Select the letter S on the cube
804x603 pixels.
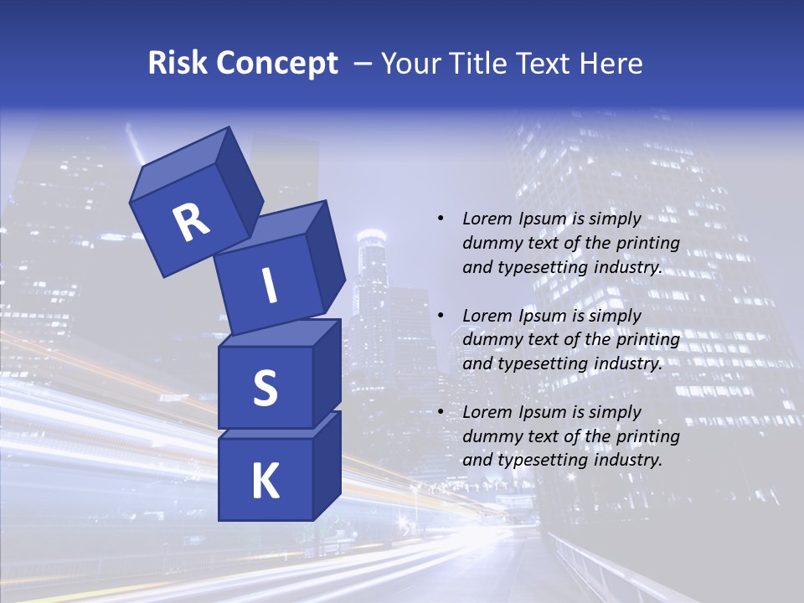(x=265, y=388)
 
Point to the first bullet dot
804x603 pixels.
(x=441, y=219)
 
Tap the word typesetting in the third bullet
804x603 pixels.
(x=541, y=461)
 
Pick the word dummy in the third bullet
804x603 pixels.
(x=490, y=436)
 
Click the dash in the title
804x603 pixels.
(x=364, y=64)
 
